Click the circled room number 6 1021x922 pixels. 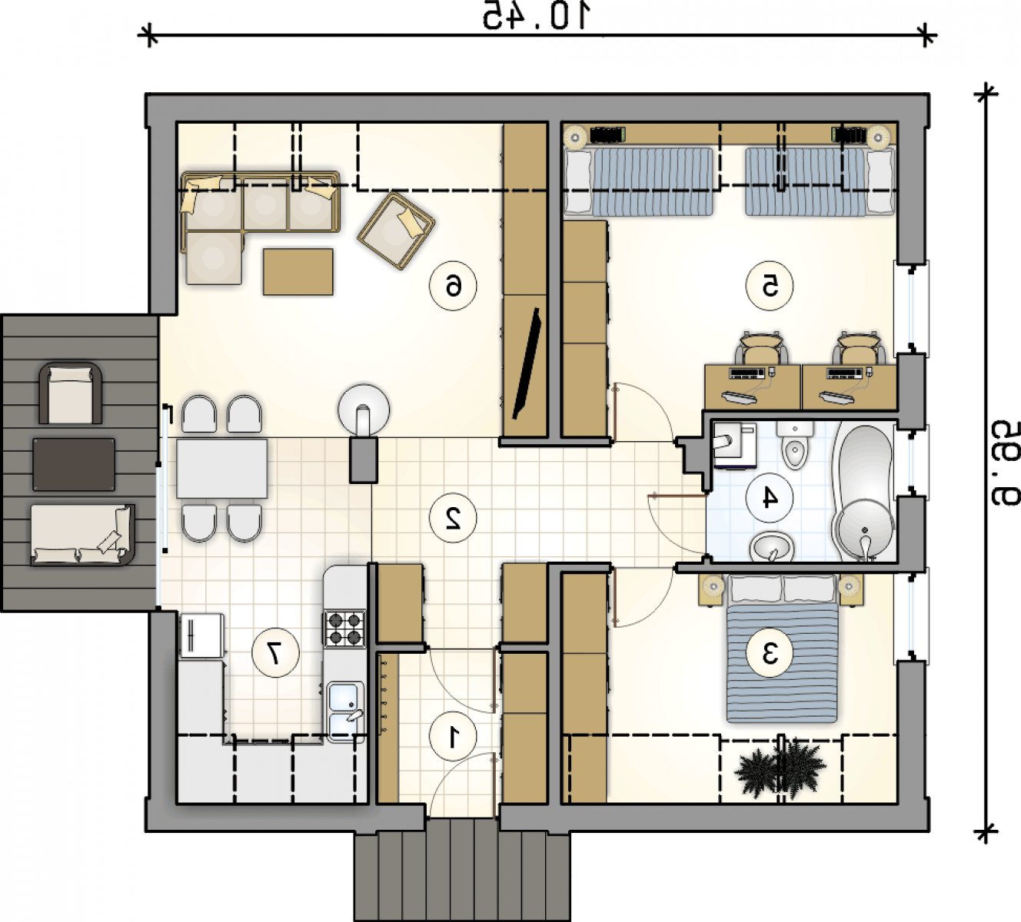(453, 286)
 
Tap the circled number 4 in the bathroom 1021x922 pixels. (769, 497)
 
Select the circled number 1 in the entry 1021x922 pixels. (453, 737)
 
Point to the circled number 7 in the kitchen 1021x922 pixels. (275, 653)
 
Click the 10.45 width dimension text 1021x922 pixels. (536, 15)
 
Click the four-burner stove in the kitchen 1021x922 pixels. (345, 628)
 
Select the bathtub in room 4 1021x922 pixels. (864, 492)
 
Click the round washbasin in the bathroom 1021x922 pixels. (772, 547)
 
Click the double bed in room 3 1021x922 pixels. (782, 648)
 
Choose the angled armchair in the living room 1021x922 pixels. (397, 230)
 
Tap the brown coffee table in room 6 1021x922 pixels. (298, 272)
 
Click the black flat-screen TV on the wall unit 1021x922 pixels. (527, 363)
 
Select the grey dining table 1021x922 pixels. (222, 469)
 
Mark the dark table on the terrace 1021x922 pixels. (75, 464)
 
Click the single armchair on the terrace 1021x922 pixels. (70, 393)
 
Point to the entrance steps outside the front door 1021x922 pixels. (461, 877)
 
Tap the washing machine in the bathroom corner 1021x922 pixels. (733, 444)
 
